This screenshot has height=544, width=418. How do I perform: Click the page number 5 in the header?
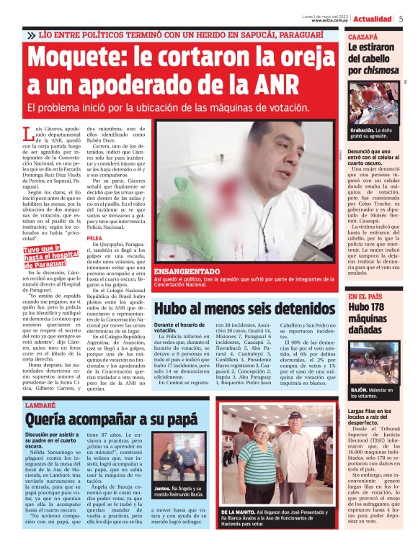coord(401,19)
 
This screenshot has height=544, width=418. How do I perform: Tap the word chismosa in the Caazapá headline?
coord(383,71)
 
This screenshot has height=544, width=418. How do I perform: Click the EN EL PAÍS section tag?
coord(365,296)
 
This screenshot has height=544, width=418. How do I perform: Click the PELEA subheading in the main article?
coord(94,237)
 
